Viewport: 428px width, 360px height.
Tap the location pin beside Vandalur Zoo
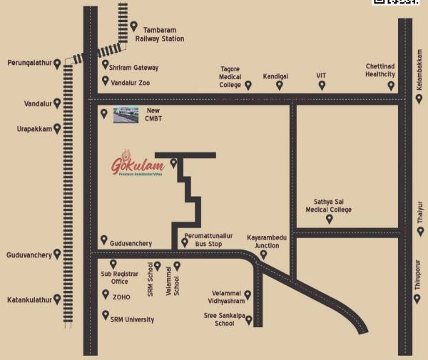click(x=106, y=81)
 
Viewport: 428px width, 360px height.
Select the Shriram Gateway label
click(x=133, y=68)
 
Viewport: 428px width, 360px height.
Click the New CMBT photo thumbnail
click(x=127, y=114)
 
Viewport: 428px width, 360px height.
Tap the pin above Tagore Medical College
click(x=248, y=85)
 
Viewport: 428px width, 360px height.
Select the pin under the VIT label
click(x=322, y=85)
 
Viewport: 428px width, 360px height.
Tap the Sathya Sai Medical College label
click(x=329, y=206)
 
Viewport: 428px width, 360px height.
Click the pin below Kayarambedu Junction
click(x=263, y=254)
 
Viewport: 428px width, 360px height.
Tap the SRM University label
click(x=132, y=319)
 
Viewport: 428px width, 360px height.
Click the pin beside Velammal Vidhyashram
click(x=248, y=294)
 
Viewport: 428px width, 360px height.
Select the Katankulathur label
click(x=28, y=300)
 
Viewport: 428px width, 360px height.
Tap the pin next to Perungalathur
click(x=56, y=62)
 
